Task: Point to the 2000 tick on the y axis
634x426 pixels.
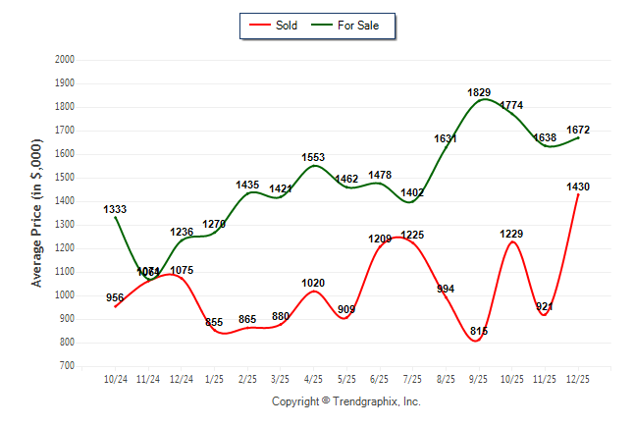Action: [65, 60]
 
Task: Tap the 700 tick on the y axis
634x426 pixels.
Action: [67, 366]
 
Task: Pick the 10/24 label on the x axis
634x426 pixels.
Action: [116, 379]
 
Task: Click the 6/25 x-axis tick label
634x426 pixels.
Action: [380, 379]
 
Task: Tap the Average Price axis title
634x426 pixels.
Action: [37, 213]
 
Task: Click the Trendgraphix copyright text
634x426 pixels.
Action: [345, 401]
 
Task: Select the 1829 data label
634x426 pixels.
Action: [479, 92]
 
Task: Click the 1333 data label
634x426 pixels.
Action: [115, 209]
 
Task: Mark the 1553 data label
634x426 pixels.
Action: [314, 157]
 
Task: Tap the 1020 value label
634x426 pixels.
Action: [313, 283]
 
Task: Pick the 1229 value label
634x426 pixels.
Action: [511, 234]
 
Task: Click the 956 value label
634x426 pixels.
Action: [115, 298]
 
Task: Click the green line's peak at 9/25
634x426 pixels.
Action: [480, 100]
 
